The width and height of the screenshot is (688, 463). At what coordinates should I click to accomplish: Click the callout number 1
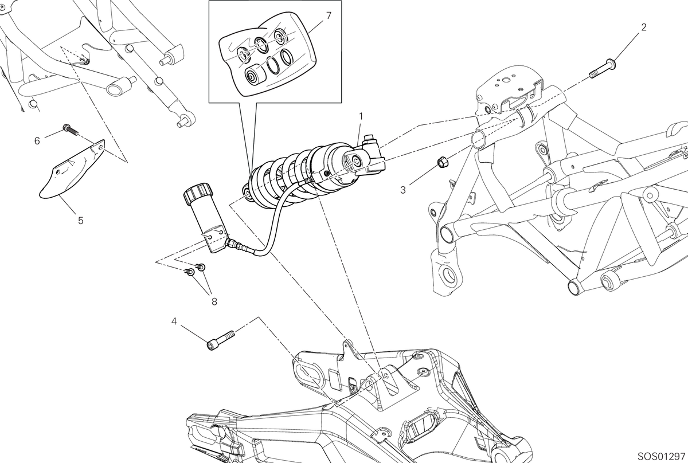click(x=361, y=116)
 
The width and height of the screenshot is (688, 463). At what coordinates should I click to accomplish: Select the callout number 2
click(x=644, y=28)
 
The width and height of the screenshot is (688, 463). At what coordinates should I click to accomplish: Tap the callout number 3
click(x=403, y=190)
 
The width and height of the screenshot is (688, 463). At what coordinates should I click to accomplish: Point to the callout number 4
click(x=174, y=321)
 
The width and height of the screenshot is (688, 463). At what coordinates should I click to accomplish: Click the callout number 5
click(x=80, y=221)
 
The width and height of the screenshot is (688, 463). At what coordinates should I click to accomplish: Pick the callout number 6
click(x=37, y=141)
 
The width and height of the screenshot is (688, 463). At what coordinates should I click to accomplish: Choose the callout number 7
click(x=329, y=15)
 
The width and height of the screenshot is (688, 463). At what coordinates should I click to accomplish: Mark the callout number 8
click(x=214, y=302)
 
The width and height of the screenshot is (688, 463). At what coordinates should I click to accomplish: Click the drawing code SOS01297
click(x=661, y=457)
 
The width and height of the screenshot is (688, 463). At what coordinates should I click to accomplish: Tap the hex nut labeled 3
click(x=442, y=161)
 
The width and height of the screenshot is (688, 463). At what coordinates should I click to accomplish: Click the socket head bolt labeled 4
click(x=221, y=340)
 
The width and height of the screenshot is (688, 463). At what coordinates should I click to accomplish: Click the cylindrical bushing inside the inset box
click(x=256, y=74)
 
